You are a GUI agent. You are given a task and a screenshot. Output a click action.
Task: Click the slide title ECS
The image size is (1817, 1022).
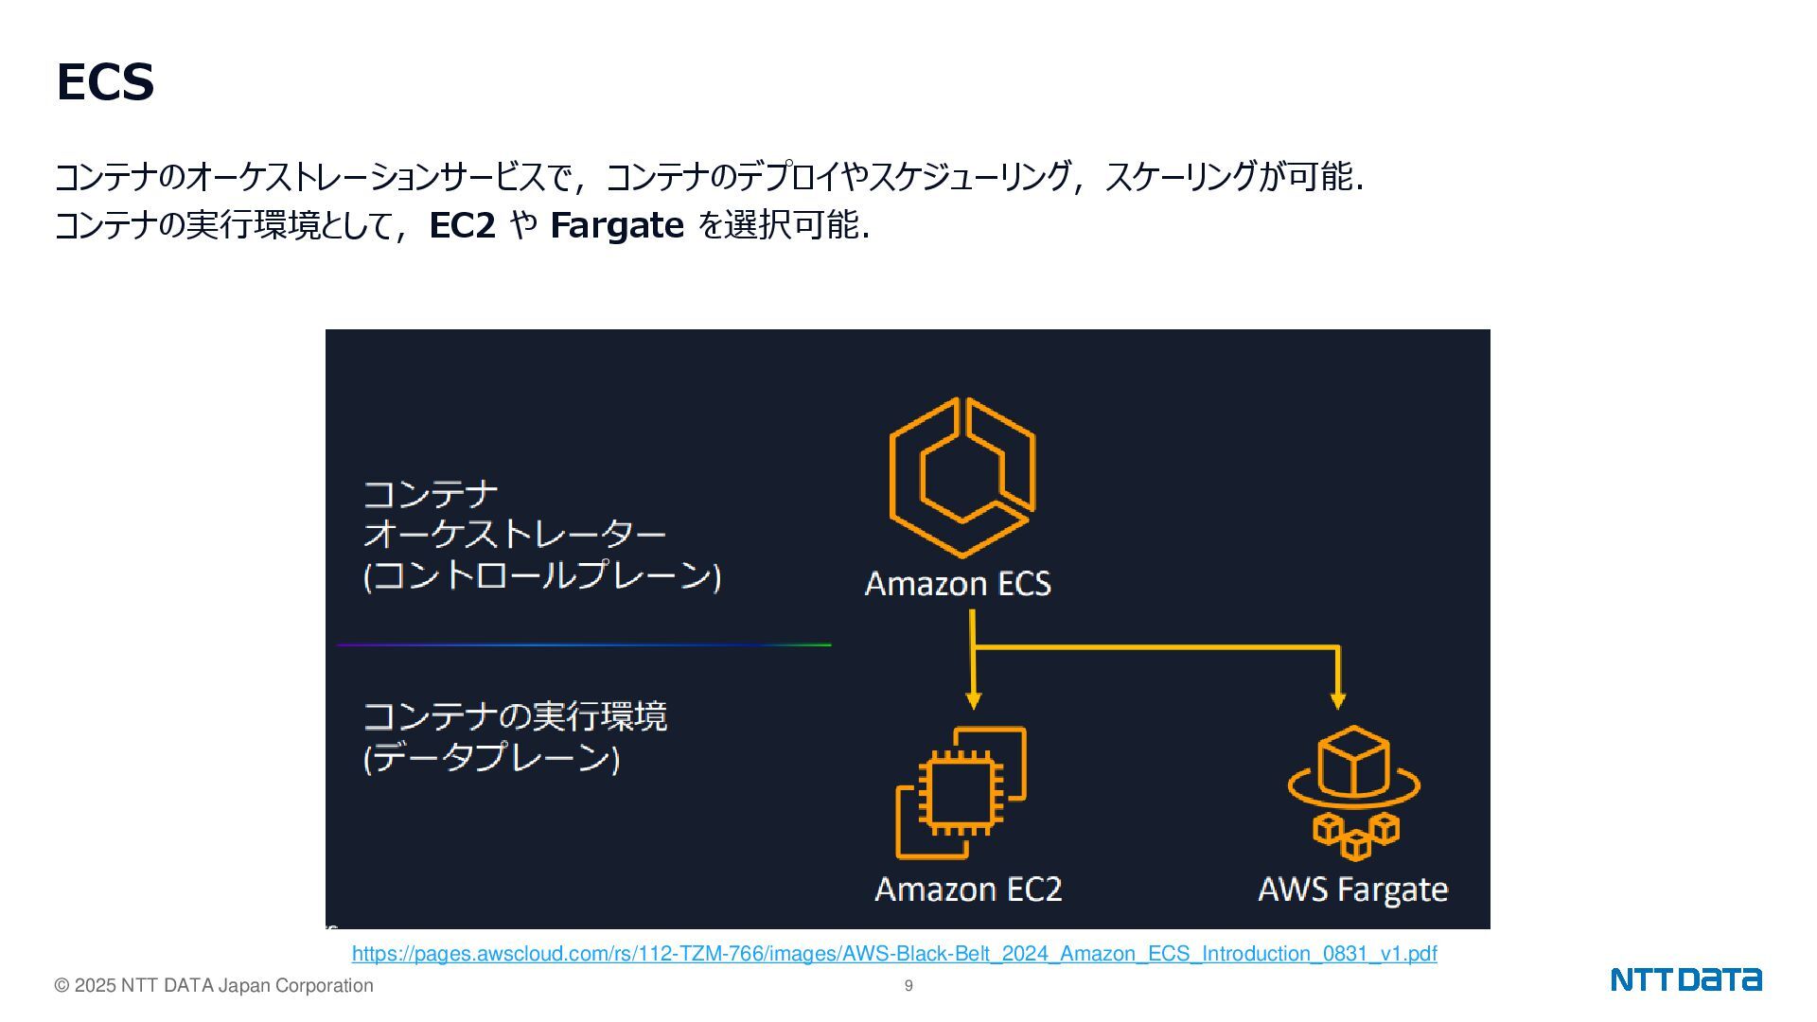point(105,82)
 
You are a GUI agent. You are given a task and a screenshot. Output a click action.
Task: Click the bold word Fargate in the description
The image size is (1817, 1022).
point(616,226)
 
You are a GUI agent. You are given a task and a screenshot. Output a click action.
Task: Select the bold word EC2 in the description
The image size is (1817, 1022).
point(462,226)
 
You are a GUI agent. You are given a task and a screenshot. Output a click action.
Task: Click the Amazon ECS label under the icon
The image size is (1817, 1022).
point(958,584)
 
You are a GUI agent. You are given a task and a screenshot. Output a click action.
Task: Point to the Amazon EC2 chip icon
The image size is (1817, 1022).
point(961,792)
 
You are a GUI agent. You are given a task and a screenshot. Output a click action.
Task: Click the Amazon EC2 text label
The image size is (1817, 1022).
point(968,890)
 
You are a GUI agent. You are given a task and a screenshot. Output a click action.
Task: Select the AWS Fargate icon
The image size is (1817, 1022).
point(1353,792)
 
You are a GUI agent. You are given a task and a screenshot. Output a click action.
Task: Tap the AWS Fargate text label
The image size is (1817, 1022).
point(1352,890)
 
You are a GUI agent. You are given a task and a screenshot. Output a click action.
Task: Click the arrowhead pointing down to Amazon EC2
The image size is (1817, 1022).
point(973,700)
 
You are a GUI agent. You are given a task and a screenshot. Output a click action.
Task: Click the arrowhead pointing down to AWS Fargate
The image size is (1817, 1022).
point(1337,700)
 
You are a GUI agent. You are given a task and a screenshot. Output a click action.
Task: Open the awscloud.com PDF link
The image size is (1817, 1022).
point(894,954)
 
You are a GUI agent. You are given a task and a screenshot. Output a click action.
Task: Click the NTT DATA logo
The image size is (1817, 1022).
point(1685,979)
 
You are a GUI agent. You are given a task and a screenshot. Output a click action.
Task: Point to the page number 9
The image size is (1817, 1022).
point(908,986)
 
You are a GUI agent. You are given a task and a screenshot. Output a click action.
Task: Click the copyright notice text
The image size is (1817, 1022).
point(214,986)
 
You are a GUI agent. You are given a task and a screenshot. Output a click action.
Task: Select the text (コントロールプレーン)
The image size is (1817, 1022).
point(542,576)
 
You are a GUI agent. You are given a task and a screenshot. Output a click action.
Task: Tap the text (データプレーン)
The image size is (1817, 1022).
point(491,758)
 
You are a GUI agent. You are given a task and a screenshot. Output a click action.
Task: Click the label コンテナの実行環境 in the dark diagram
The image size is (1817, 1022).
point(515,716)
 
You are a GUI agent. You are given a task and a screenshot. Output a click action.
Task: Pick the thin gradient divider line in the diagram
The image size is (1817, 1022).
point(584,645)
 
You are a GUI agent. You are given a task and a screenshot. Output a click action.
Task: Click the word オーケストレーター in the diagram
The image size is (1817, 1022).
point(515,535)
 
